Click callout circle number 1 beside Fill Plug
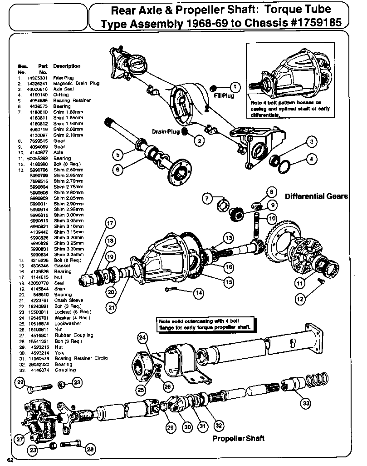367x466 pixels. pos(235,86)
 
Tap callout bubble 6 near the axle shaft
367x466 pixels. pos(117,169)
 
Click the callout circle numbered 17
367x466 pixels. pos(110,223)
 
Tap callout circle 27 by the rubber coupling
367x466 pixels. pos(19,440)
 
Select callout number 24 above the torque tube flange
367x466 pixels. pos(143,337)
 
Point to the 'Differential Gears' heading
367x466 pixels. pos(316,196)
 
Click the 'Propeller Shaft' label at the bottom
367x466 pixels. pos(239,439)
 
